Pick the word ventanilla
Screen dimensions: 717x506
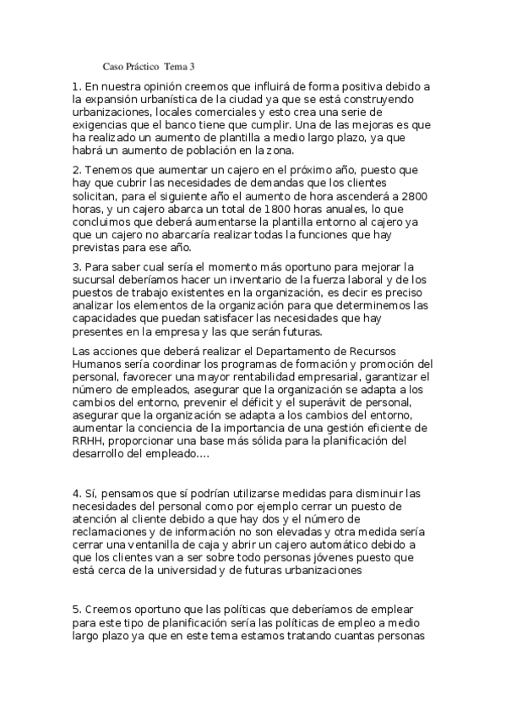point(147,544)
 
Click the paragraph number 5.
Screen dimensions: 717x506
point(76,609)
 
